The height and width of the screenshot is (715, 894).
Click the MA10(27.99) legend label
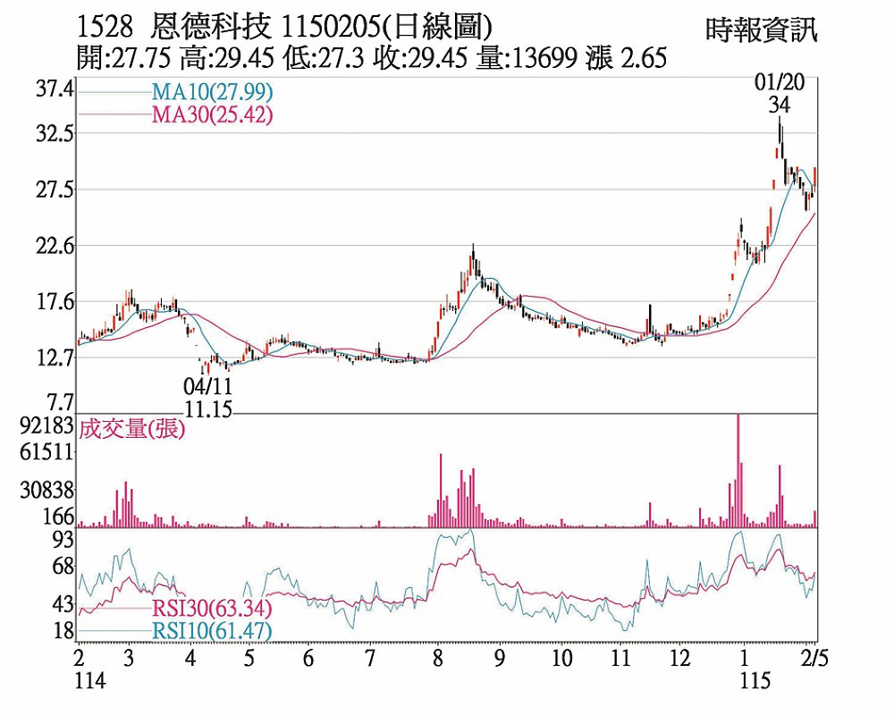click(212, 92)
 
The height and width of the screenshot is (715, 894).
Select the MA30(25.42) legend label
click(212, 114)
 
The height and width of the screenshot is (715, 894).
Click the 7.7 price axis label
click(59, 401)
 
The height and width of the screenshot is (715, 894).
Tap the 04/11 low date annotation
click(207, 387)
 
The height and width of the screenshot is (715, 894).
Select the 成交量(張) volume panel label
click(131, 429)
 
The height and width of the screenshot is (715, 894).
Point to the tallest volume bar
click(738, 471)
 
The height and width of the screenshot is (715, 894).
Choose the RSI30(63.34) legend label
click(212, 610)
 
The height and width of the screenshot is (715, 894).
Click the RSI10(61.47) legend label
click(212, 631)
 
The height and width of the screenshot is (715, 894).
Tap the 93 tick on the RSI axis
click(63, 538)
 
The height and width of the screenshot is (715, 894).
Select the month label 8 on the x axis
click(437, 659)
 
